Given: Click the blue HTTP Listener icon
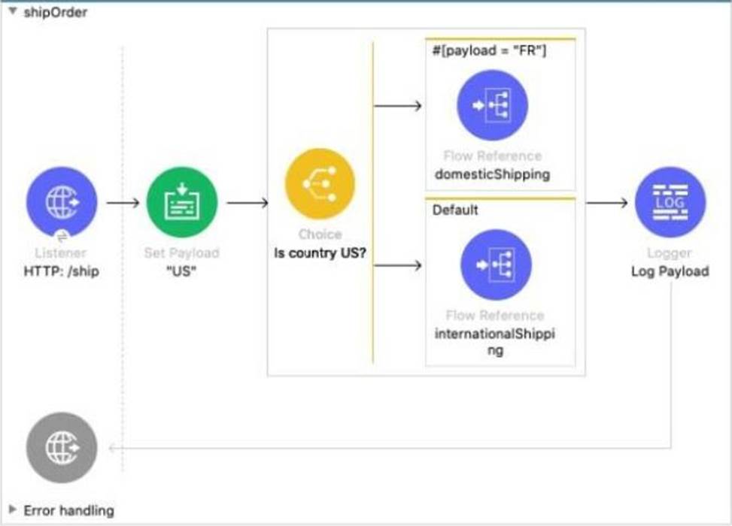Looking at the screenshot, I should pyautogui.click(x=61, y=202).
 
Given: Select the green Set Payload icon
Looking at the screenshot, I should pyautogui.click(x=181, y=202).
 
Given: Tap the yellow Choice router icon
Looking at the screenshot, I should pyautogui.click(x=320, y=183).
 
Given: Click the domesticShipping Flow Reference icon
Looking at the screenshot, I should pyautogui.click(x=493, y=105).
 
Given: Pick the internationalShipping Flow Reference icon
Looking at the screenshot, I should pyautogui.click(x=496, y=265).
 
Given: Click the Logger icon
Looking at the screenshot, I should pyautogui.click(x=670, y=202).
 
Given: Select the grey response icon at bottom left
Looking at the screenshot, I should pyautogui.click(x=61, y=448).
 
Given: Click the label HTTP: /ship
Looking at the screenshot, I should pyautogui.click(x=62, y=271).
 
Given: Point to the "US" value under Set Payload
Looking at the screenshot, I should pyautogui.click(x=181, y=271).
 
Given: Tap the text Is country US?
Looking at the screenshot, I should pyautogui.click(x=320, y=252).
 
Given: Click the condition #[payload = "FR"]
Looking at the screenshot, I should pyautogui.click(x=478, y=51).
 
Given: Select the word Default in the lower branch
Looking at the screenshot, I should pyautogui.click(x=455, y=210).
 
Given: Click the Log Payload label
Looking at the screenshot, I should pyautogui.click(x=670, y=271).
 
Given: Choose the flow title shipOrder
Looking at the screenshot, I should pyautogui.click(x=56, y=12).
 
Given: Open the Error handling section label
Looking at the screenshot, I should pyautogui.click(x=69, y=510).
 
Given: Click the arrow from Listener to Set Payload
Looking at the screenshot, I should pyautogui.click(x=123, y=202).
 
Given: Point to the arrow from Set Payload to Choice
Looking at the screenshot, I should pyautogui.click(x=247, y=202).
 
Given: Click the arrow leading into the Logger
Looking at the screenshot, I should pyautogui.click(x=606, y=202).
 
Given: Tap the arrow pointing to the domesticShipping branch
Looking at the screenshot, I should pyautogui.click(x=398, y=105).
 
